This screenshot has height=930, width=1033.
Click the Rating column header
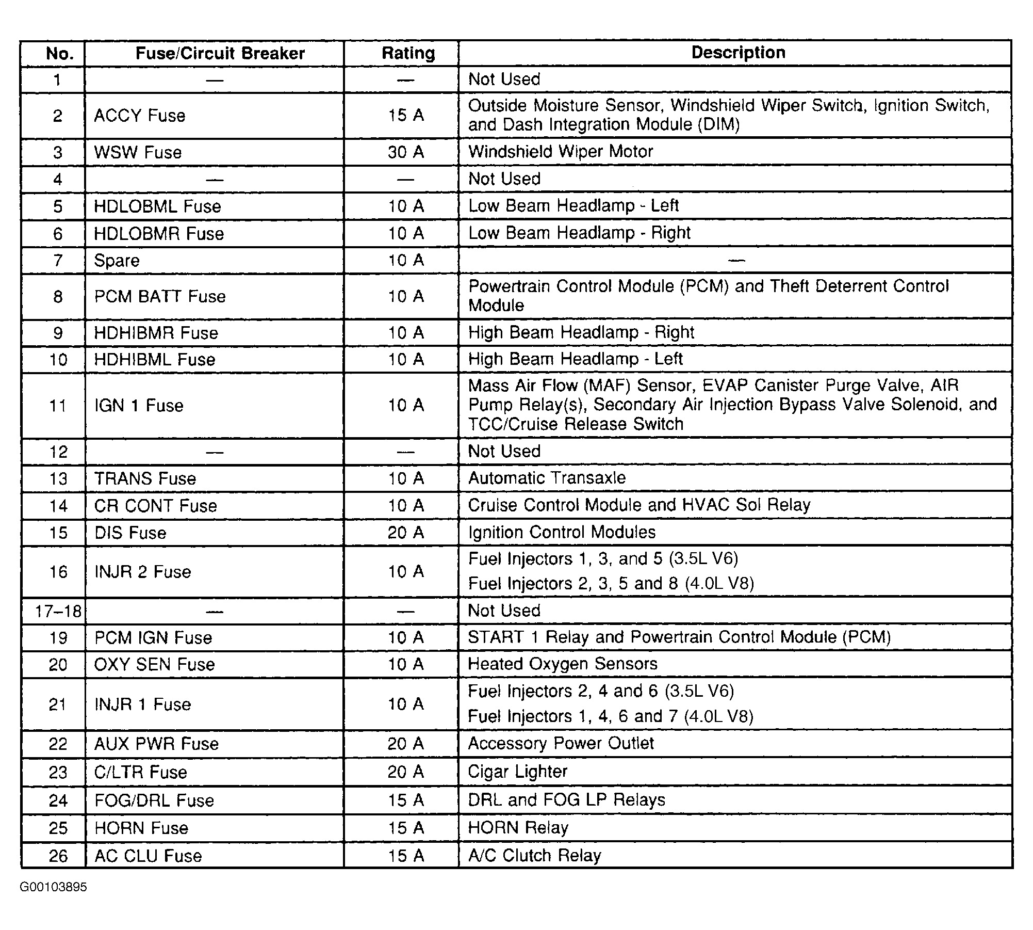tap(408, 53)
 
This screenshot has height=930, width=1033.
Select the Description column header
tap(738, 53)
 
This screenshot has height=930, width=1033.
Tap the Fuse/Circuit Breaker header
tap(220, 53)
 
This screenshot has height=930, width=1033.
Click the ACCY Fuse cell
tap(140, 116)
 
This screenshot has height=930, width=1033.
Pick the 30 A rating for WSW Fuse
tap(406, 152)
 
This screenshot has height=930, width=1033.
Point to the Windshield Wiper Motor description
tap(560, 152)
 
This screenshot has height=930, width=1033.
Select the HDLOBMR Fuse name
tap(159, 234)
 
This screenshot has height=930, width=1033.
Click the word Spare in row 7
tap(117, 261)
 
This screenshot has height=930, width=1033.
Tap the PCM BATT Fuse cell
tap(160, 297)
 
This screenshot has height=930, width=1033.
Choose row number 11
tap(58, 406)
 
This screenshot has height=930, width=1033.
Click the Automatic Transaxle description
tap(547, 478)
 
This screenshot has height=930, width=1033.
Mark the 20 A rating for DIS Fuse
tap(406, 533)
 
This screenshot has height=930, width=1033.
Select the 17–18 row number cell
tap(58, 612)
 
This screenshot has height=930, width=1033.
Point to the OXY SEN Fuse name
tap(154, 664)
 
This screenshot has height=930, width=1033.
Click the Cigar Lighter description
tap(517, 772)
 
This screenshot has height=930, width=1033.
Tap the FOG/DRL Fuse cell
tap(154, 800)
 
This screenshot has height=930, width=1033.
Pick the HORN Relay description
tap(518, 828)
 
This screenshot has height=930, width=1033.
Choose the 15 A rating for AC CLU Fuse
tap(406, 856)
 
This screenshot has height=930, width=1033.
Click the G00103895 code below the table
tap(54, 887)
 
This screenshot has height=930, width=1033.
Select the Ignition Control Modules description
tap(562, 532)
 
